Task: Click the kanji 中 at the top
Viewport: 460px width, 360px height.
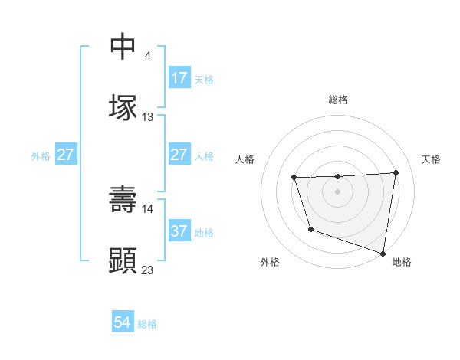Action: [123, 47]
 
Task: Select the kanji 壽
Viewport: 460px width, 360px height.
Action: [123, 199]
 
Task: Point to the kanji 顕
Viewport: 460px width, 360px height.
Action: [123, 260]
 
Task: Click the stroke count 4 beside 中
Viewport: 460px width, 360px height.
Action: [148, 56]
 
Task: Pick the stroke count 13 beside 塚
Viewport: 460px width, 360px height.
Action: [148, 117]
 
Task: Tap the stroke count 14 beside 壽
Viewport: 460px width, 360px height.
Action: [148, 208]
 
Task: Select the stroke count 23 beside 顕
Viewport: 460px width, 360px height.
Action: [148, 270]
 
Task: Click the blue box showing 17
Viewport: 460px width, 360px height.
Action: [179, 78]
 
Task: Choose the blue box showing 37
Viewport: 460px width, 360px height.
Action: [179, 231]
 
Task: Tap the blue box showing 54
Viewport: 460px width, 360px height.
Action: [123, 323]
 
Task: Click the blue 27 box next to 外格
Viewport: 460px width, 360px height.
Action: [66, 155]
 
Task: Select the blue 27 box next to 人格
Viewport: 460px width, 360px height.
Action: [179, 155]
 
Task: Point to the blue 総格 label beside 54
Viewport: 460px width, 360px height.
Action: [147, 324]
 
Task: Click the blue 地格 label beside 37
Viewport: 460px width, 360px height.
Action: [204, 232]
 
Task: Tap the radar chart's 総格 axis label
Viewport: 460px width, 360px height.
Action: [338, 100]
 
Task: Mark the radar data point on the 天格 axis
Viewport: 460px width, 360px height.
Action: [396, 172]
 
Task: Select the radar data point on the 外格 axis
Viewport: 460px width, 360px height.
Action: [310, 229]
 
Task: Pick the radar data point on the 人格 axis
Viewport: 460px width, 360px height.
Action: [294, 178]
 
